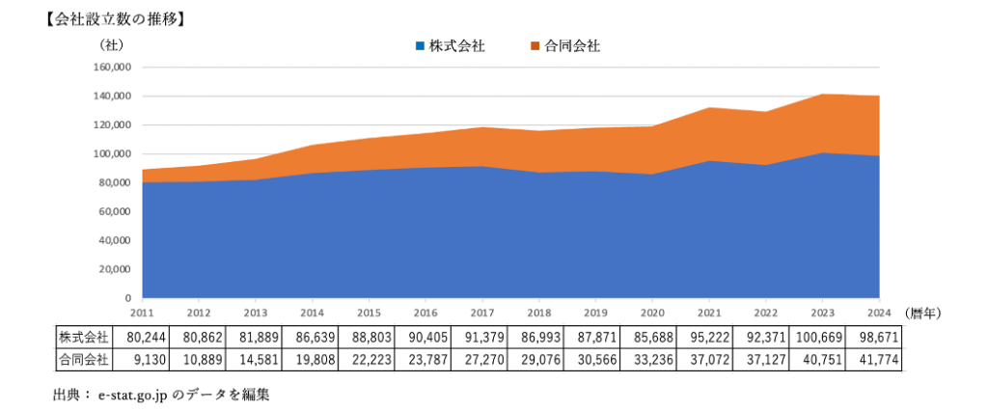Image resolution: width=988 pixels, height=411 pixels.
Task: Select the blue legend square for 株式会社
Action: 420,45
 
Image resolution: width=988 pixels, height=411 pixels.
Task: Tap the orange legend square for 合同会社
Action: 535,45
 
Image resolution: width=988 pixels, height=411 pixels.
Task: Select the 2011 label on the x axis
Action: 142,313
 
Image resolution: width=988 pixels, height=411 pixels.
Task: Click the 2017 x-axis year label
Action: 482,313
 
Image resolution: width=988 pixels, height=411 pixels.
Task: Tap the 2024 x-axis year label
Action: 878,313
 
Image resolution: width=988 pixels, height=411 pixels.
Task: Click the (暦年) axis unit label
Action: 924,313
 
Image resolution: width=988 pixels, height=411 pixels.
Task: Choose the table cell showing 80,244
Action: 142,337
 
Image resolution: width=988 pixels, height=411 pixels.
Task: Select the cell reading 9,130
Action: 142,359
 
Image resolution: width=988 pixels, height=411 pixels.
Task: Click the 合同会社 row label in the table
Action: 84,359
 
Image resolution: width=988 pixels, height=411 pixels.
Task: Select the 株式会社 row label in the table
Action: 84,337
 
